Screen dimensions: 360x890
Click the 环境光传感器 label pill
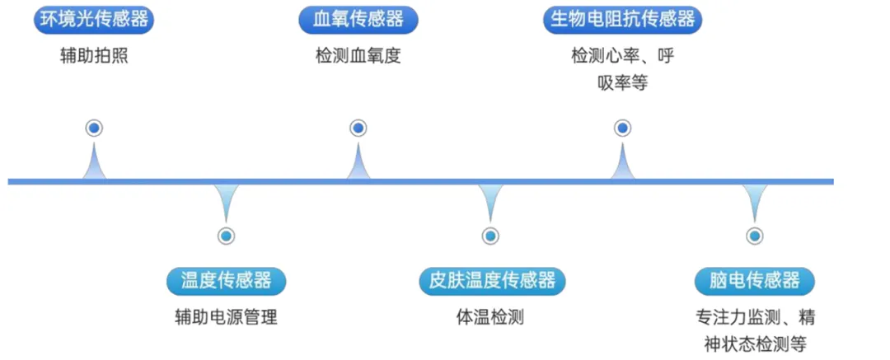(x=94, y=20)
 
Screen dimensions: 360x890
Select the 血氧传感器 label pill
(x=358, y=20)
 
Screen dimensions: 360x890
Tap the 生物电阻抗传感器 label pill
(x=623, y=20)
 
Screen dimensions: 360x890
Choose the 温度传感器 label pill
(x=226, y=280)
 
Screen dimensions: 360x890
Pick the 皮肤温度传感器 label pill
(x=490, y=280)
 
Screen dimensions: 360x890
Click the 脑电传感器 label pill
(x=754, y=280)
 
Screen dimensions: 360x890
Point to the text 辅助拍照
(x=94, y=57)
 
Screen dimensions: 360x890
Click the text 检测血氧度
(x=358, y=57)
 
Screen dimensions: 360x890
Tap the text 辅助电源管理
(x=226, y=317)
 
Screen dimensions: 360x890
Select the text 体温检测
(x=490, y=317)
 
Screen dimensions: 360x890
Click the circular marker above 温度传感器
(x=226, y=236)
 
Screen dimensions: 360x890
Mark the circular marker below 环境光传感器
(x=94, y=128)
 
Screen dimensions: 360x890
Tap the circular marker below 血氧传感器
(x=358, y=128)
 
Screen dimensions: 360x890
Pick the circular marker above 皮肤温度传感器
(x=490, y=236)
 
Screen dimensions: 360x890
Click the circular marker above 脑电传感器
(x=754, y=236)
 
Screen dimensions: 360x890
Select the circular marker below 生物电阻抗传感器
(x=623, y=128)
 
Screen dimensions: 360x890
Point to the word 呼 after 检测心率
(x=667, y=57)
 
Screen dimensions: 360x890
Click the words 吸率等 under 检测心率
(x=622, y=82)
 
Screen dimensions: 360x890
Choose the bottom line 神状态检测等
(x=754, y=343)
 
